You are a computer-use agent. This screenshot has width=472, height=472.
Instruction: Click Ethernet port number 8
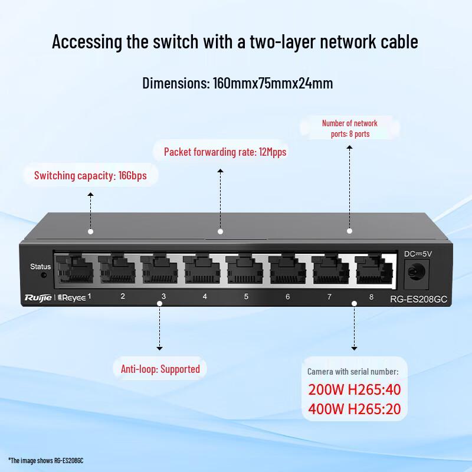click(373, 270)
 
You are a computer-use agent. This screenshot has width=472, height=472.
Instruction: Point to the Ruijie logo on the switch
click(39, 297)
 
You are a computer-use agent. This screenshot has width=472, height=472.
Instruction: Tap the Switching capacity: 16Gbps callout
click(90, 175)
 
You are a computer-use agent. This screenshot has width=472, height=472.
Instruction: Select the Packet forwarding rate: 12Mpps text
click(225, 152)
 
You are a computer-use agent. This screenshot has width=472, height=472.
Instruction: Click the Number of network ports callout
click(349, 128)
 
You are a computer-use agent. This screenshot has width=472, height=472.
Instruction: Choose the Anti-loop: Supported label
click(160, 369)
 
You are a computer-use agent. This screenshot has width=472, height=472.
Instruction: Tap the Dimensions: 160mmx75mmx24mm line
click(237, 83)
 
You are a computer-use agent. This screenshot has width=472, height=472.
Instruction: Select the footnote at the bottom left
click(45, 460)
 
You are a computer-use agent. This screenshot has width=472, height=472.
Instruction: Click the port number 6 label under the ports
click(288, 296)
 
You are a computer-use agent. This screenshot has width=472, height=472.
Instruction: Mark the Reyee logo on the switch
click(71, 297)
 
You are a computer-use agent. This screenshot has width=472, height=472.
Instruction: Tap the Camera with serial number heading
click(353, 372)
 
